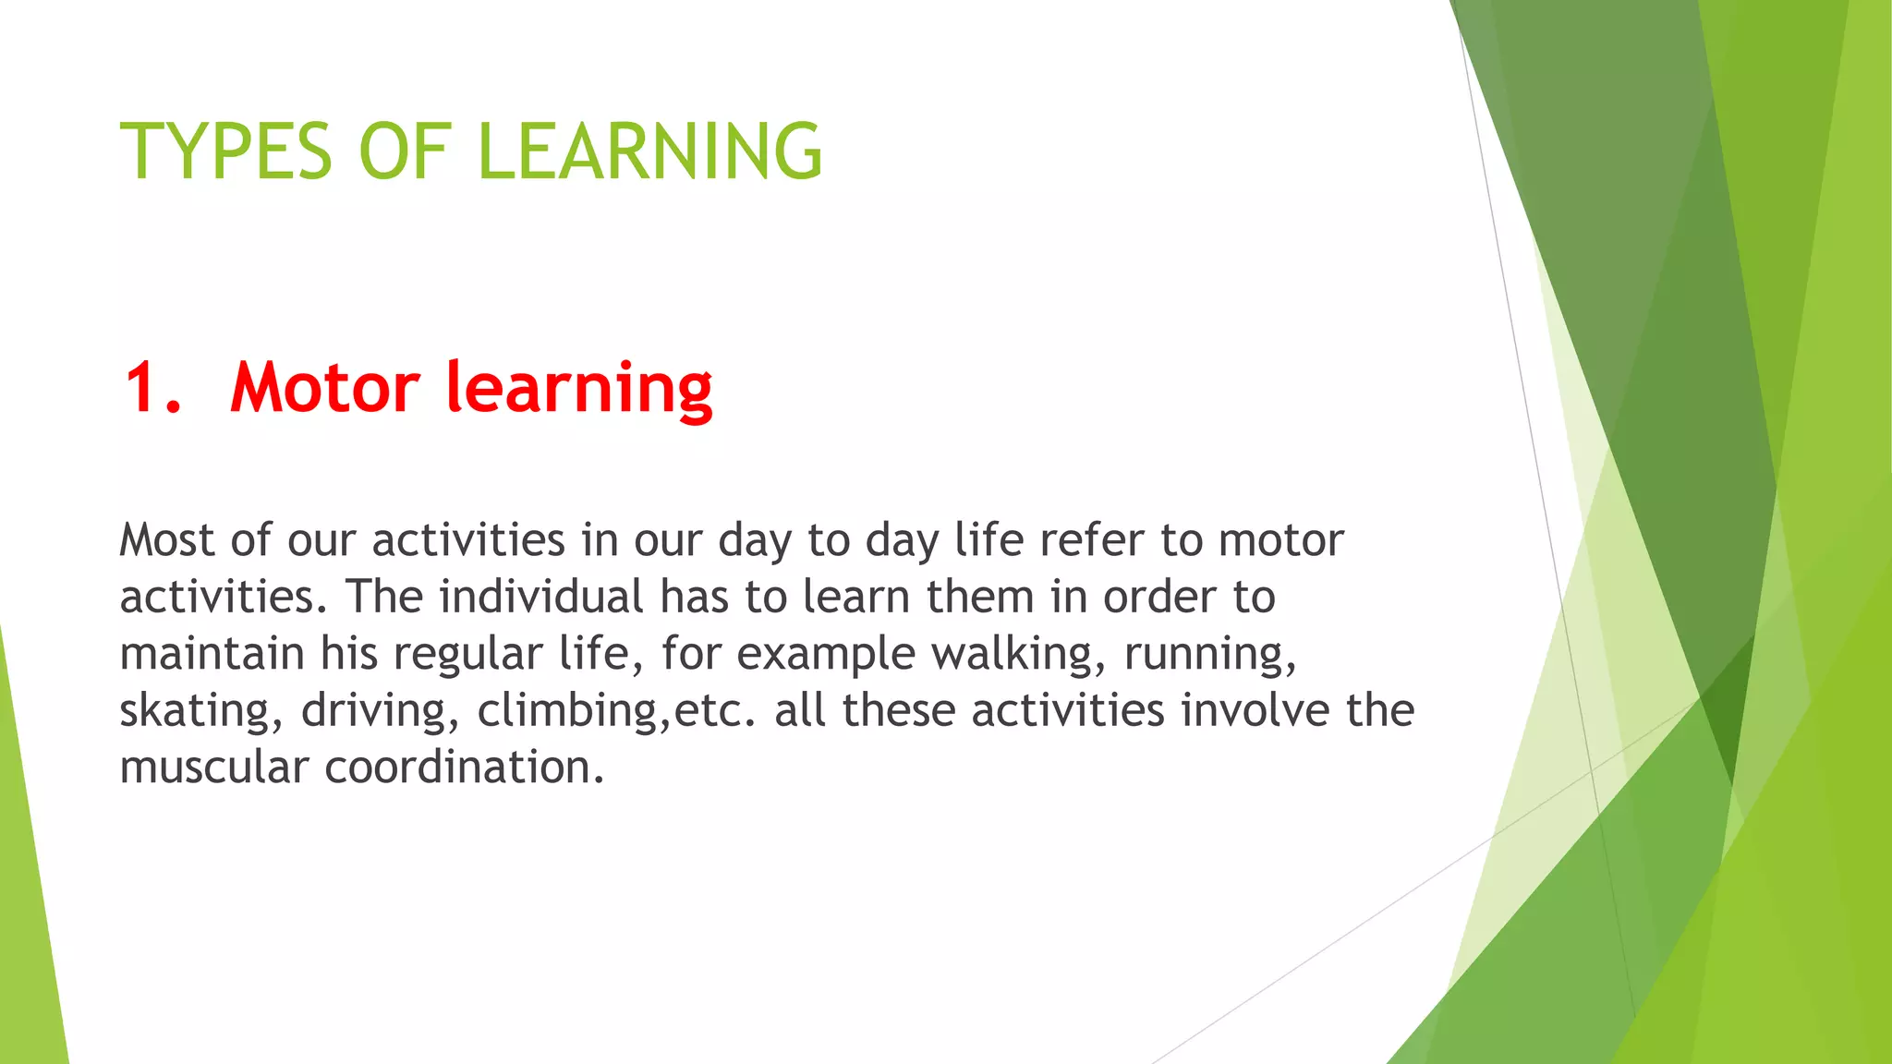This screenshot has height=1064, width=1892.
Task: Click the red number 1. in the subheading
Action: pyautogui.click(x=152, y=387)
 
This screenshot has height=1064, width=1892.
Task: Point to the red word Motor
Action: pyautogui.click(x=325, y=387)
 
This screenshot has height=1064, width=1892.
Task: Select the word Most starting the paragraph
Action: pyautogui.click(x=167, y=540)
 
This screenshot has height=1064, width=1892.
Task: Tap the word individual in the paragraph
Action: pyautogui.click(x=540, y=597)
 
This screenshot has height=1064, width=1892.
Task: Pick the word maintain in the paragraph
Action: pyautogui.click(x=212, y=654)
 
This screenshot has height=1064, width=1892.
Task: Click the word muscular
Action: pyautogui.click(x=213, y=768)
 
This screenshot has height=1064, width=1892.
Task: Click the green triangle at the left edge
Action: pyautogui.click(x=28, y=905)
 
